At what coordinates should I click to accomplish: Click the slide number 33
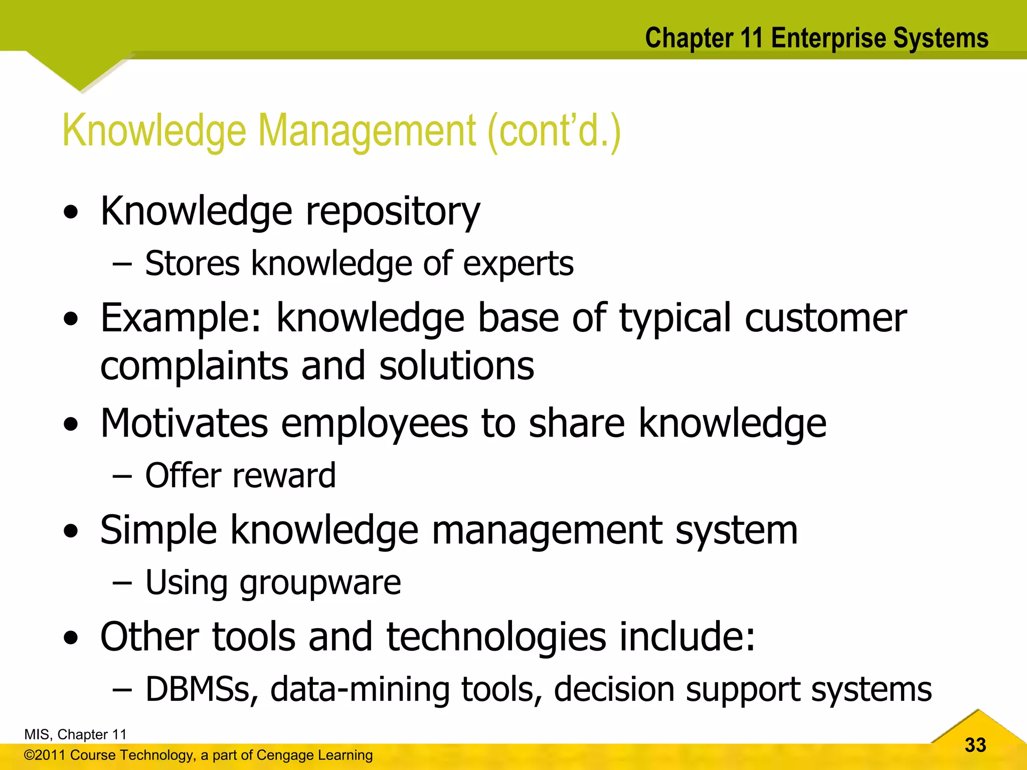tap(975, 745)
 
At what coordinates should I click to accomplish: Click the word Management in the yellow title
tap(367, 131)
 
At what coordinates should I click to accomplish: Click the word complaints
tap(194, 366)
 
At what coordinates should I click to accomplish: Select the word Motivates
tap(184, 424)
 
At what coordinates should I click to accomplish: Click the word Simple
tap(158, 530)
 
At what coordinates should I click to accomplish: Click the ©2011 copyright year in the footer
tap(45, 755)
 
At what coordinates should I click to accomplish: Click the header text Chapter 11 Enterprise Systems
tap(816, 38)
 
